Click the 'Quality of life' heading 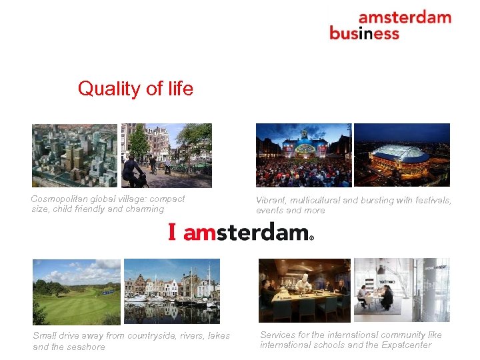pyautogui.click(x=135, y=89)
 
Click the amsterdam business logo pyautogui.click(x=390, y=25)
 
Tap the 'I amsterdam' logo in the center pyautogui.click(x=239, y=232)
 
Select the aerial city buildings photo pyautogui.click(x=75, y=155)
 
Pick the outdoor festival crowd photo pyautogui.click(x=303, y=155)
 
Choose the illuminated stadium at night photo pyautogui.click(x=401, y=155)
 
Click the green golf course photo pyautogui.click(x=77, y=291)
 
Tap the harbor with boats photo pyautogui.click(x=172, y=291)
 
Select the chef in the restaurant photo pyautogui.click(x=304, y=290)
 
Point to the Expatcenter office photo pyautogui.click(x=401, y=290)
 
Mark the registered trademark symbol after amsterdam pyautogui.click(x=311, y=237)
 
